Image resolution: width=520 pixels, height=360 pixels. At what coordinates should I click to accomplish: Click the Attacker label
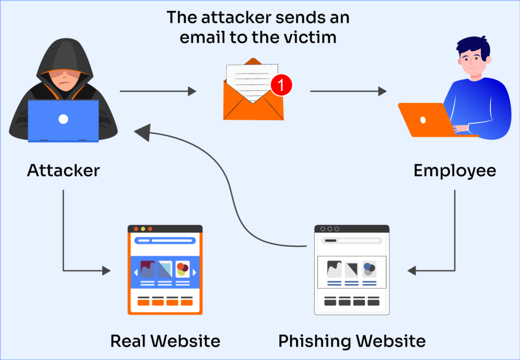coord(63,171)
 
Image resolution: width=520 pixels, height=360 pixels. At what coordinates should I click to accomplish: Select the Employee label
coord(454,171)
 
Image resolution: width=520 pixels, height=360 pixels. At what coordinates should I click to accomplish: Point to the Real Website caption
coord(165,341)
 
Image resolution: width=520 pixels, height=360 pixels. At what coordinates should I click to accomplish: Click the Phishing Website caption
coord(352,341)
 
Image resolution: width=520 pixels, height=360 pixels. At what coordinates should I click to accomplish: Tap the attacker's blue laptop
coord(63,120)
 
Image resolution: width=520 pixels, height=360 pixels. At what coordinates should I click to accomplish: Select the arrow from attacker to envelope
coord(157,91)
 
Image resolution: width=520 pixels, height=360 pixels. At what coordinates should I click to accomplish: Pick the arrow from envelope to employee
coord(348,91)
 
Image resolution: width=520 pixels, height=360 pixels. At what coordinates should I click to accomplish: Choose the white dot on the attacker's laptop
coord(63,119)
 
